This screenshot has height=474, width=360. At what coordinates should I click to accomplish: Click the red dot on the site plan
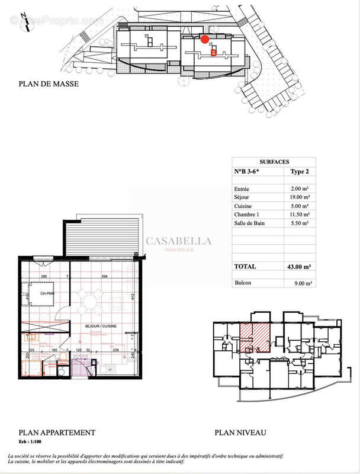click(205, 40)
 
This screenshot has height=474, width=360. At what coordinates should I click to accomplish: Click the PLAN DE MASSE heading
click(49, 85)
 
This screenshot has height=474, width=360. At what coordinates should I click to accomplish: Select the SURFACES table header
click(274, 161)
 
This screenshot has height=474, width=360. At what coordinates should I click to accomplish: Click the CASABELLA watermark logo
click(178, 242)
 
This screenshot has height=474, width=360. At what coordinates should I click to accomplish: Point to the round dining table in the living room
click(91, 303)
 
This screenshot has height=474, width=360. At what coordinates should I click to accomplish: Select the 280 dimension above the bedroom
click(43, 277)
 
